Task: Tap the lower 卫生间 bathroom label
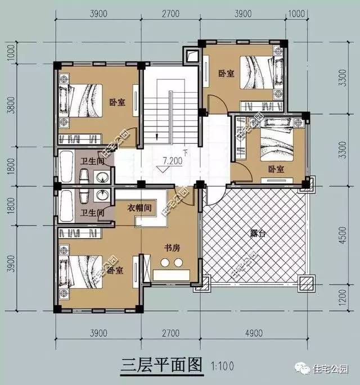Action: (92, 213)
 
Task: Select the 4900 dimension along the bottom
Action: (254, 333)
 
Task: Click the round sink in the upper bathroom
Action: (102, 179)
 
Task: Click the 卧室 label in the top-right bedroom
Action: (226, 73)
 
